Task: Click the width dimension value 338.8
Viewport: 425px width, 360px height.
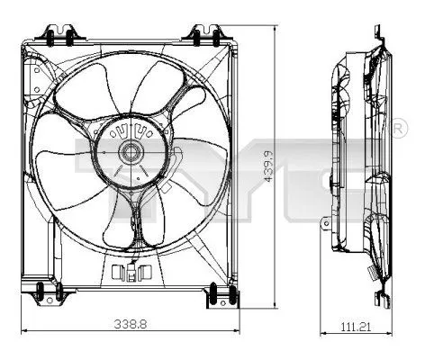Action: [130, 322]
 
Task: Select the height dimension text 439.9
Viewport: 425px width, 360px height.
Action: [267, 166]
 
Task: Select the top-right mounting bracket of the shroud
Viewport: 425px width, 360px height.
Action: [202, 34]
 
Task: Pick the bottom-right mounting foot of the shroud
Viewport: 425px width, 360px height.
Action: [217, 292]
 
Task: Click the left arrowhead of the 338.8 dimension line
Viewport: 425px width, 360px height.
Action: [24, 330]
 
